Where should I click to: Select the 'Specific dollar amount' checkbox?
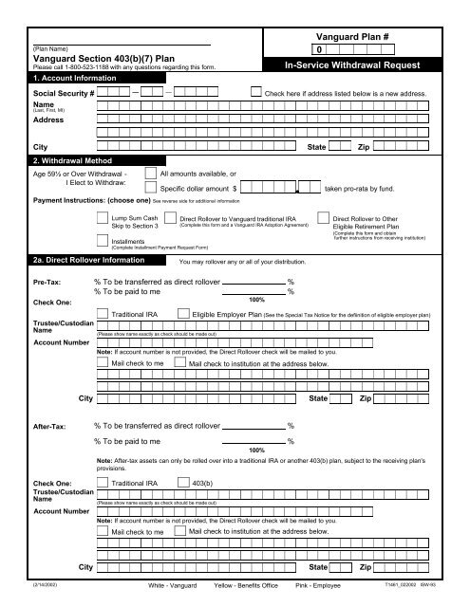coord(152,190)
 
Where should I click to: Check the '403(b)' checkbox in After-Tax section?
coord(184,483)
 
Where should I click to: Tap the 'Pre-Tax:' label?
coord(49,283)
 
